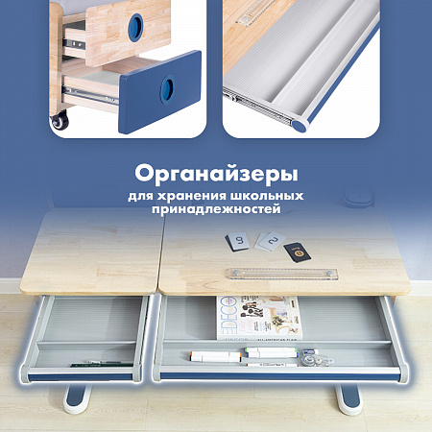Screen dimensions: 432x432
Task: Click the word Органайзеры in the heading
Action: click(x=215, y=176)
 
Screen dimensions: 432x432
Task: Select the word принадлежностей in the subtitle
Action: click(x=215, y=208)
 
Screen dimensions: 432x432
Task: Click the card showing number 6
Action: click(x=237, y=241)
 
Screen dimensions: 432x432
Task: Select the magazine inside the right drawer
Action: click(x=254, y=318)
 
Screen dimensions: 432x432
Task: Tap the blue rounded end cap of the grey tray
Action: click(x=302, y=121)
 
